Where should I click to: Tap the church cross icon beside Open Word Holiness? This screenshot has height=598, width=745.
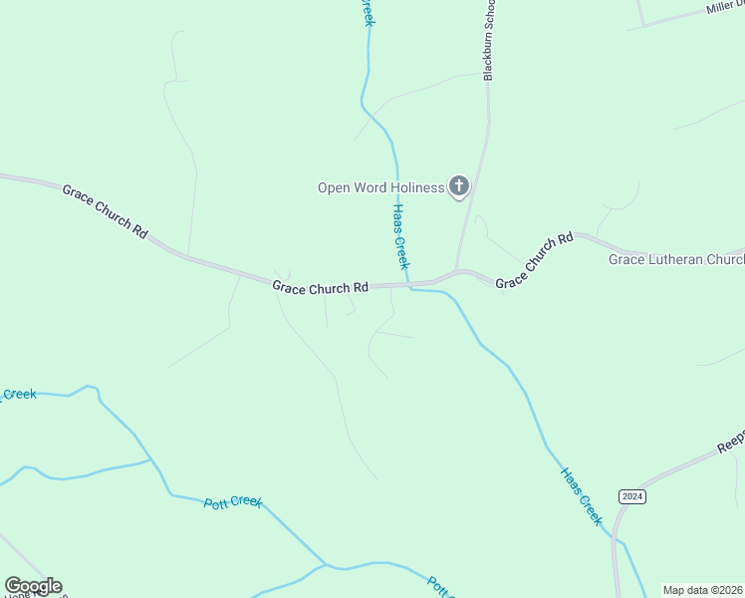pyautogui.click(x=459, y=185)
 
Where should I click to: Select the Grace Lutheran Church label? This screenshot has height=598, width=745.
pyautogui.click(x=676, y=260)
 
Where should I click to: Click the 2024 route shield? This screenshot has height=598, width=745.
pyautogui.click(x=631, y=496)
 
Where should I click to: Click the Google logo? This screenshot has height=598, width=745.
pyautogui.click(x=33, y=586)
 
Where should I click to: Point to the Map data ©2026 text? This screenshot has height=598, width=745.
pyautogui.click(x=702, y=590)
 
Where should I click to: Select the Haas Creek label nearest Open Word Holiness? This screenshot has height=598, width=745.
pyautogui.click(x=399, y=237)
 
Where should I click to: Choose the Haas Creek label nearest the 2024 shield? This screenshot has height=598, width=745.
pyautogui.click(x=582, y=495)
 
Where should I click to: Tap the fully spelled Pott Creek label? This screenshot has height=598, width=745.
pyautogui.click(x=233, y=502)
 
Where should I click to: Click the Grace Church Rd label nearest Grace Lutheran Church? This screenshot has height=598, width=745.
pyautogui.click(x=535, y=260)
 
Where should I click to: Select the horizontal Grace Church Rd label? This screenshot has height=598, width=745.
pyautogui.click(x=321, y=288)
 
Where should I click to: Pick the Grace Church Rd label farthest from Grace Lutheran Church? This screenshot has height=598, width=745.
pyautogui.click(x=105, y=209)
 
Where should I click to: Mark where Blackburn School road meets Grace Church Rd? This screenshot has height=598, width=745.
pyautogui.click(x=456, y=272)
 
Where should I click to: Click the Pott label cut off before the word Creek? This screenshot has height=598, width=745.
pyautogui.click(x=439, y=586)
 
